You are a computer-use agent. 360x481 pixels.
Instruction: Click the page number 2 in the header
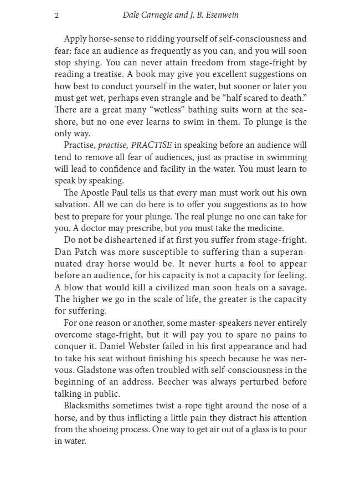click(x=56, y=15)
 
